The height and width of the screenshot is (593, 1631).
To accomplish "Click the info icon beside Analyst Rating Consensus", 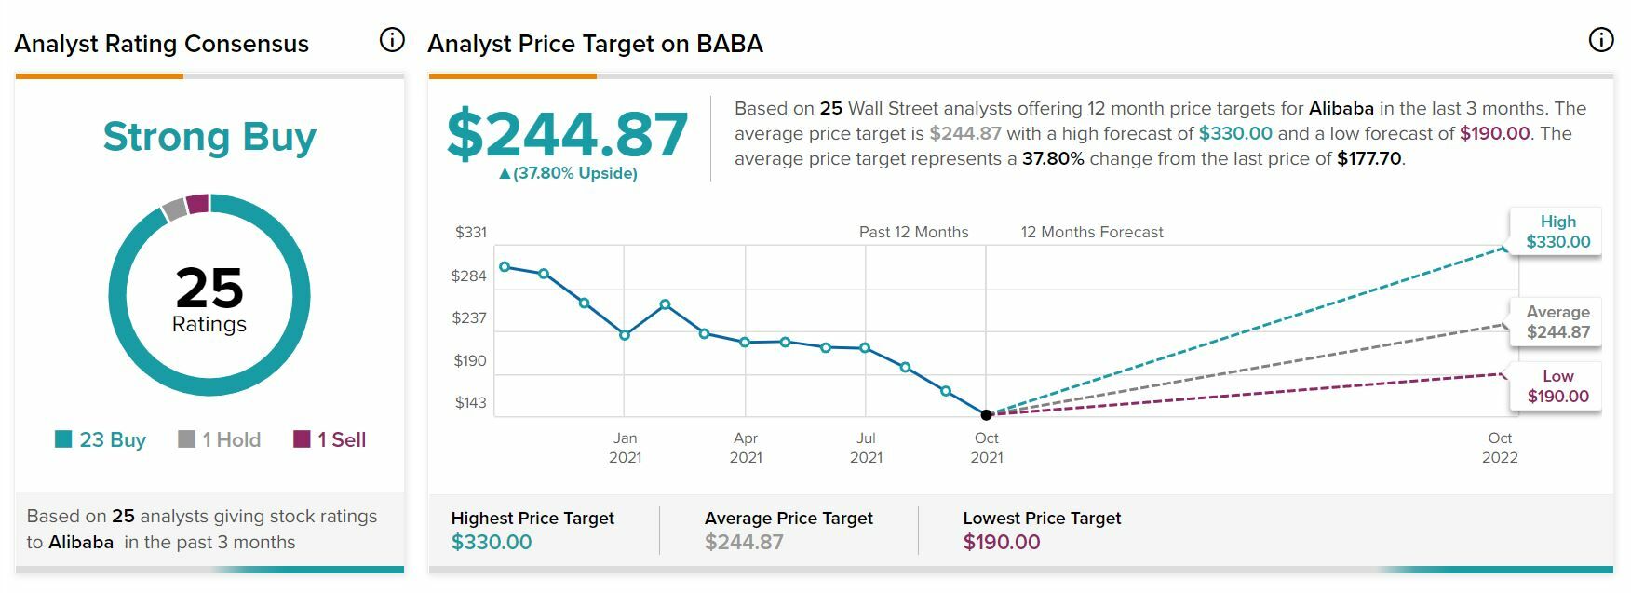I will click(392, 40).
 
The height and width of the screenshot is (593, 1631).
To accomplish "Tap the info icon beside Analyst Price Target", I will click(1600, 40).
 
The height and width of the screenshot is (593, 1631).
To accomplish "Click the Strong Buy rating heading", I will click(209, 137).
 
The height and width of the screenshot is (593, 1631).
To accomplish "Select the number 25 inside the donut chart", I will click(209, 288).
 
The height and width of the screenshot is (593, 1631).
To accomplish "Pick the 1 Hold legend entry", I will click(220, 439).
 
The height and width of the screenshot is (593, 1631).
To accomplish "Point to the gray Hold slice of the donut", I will click(174, 209).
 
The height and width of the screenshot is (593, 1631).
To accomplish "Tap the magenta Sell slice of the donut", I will click(197, 204).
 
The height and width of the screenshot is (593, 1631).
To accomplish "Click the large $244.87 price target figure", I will click(567, 134).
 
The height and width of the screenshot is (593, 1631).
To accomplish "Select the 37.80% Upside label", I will click(568, 173).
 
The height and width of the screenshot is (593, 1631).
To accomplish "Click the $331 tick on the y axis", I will click(470, 233).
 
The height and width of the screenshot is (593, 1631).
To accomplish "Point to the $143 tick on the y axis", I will click(470, 403).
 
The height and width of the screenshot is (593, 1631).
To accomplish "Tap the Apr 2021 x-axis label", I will click(746, 448).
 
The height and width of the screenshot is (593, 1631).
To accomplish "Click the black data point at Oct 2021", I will click(987, 414).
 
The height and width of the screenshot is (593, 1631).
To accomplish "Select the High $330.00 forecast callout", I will click(1557, 232).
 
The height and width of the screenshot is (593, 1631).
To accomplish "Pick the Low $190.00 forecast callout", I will click(1557, 386).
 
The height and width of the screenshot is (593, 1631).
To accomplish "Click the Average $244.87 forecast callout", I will click(1557, 322).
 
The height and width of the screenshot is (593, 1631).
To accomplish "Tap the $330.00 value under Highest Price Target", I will click(492, 542).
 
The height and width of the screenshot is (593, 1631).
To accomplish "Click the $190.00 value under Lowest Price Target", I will click(1002, 542).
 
